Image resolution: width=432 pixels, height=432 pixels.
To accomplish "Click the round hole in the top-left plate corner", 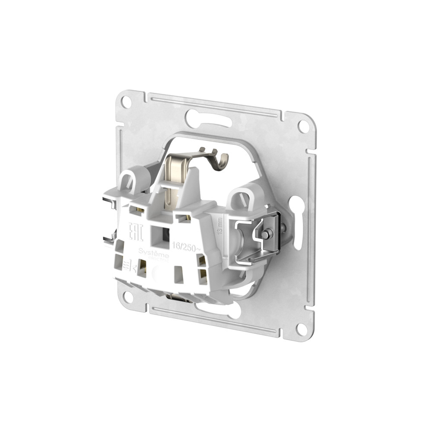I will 126,102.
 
